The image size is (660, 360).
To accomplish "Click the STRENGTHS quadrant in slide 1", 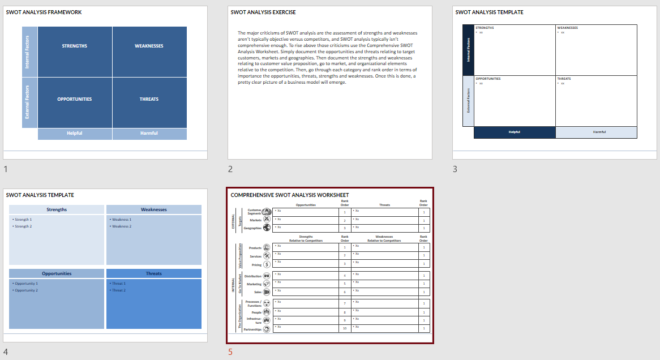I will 75,46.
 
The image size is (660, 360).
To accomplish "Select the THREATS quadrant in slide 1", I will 149,99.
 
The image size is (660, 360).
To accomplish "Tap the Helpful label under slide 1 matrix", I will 75,134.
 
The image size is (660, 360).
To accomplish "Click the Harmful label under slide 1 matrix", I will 149,134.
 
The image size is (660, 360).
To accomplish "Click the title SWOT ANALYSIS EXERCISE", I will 263,12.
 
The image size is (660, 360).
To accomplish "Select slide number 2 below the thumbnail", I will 230,169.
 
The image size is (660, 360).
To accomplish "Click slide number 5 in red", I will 230,352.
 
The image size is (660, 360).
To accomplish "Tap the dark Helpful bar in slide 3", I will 514,132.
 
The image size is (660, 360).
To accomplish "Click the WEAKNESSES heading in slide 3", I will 568,28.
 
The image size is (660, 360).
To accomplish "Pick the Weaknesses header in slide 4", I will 154,209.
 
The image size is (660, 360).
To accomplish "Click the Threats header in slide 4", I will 154,273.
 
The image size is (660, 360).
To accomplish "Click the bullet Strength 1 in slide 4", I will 23,220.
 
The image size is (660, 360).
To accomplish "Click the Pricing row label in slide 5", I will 256,264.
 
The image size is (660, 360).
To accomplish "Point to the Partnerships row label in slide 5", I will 252,329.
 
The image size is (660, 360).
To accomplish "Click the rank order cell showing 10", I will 345,328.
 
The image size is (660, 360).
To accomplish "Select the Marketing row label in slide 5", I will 254,284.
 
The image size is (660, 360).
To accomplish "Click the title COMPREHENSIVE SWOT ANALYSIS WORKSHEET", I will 290,195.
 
